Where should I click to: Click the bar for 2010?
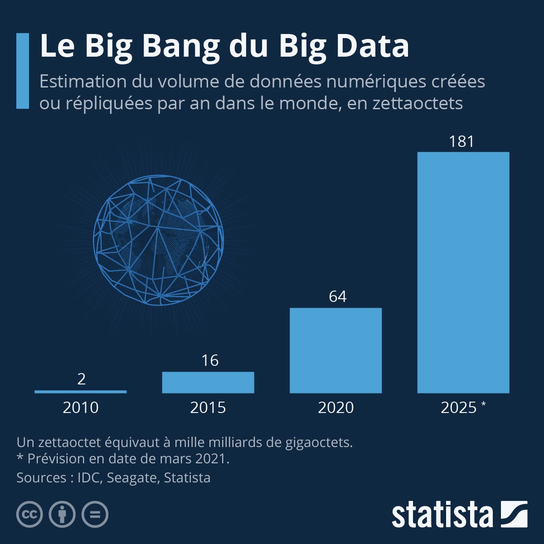point(81,391)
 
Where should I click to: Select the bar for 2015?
point(208,382)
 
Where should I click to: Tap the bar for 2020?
point(335,350)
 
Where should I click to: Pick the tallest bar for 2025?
point(463,272)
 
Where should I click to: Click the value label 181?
point(461,142)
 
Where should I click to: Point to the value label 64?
point(338,296)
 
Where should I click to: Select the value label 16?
point(210,361)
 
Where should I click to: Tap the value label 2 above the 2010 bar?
point(82,379)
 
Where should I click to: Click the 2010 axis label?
point(81,408)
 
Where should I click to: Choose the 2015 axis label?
point(208,408)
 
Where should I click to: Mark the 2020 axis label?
point(336,408)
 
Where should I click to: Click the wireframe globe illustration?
point(158,240)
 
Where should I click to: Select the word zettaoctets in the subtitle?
point(418,103)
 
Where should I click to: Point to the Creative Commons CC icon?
point(30,515)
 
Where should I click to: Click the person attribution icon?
point(62,515)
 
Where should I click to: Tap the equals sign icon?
point(95,515)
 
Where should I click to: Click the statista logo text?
point(442,515)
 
